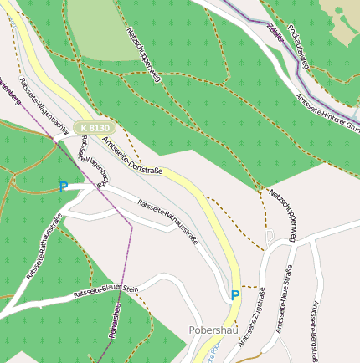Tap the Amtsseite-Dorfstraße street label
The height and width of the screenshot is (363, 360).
pos(132,154)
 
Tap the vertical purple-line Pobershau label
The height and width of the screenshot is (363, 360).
pos(115,322)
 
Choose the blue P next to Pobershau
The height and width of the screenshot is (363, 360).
pos(235,294)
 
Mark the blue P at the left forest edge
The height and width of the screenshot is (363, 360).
pos(63,187)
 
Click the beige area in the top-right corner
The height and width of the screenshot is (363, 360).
pos(345,15)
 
